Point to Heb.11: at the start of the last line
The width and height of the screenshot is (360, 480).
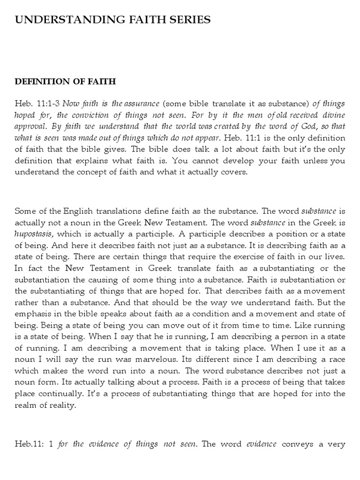click(x=30, y=444)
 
